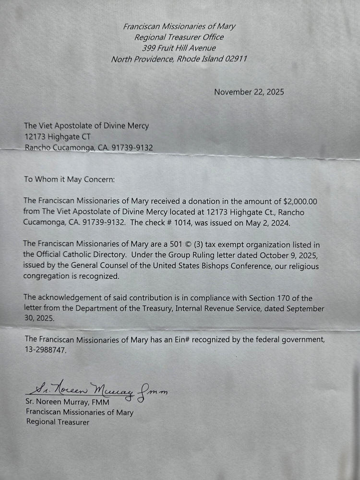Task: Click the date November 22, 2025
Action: click(249, 92)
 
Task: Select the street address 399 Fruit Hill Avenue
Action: click(179, 48)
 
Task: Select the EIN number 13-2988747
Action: click(45, 350)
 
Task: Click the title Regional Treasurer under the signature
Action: click(58, 422)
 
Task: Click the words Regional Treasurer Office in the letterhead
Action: click(179, 37)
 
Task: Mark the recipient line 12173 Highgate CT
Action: click(57, 137)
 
